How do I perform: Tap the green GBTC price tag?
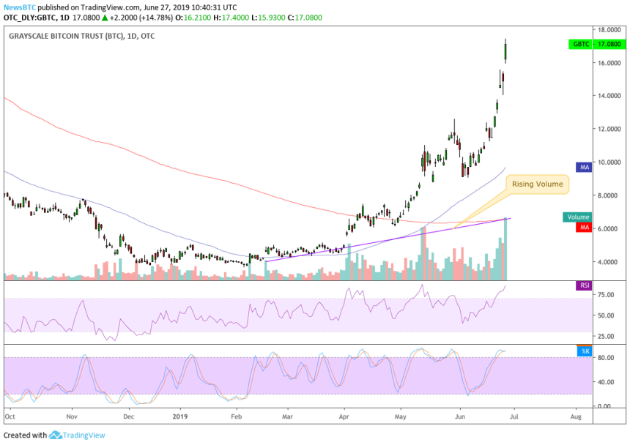580,44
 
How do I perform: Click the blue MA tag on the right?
585,168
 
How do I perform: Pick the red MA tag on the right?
585,228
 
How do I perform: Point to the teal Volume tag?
577,217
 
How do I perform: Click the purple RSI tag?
583,285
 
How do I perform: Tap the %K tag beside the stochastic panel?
584,351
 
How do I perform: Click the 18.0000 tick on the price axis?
609,30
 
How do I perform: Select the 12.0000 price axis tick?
609,130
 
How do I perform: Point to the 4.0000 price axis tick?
609,262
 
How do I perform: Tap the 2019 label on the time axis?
180,416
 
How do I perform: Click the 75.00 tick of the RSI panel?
606,295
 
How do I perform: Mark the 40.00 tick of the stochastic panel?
606,382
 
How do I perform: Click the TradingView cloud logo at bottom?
56,435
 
